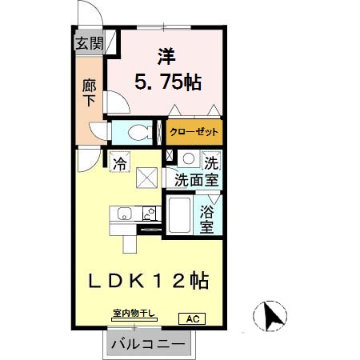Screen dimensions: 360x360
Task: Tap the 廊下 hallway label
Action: [89, 92]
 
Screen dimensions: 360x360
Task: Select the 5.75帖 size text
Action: [167, 82]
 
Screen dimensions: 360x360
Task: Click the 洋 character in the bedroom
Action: [166, 55]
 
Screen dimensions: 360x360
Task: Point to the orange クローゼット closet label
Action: [194, 130]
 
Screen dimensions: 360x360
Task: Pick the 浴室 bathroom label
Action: [206, 220]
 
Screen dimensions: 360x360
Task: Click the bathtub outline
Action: [178, 216]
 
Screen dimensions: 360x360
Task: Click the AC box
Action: [192, 318]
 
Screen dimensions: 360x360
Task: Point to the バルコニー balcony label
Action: [148, 345]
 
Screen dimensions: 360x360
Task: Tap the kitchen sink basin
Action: [124, 214]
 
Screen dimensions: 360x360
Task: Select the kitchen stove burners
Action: [148, 214]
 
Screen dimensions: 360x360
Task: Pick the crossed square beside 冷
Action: [147, 176]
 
